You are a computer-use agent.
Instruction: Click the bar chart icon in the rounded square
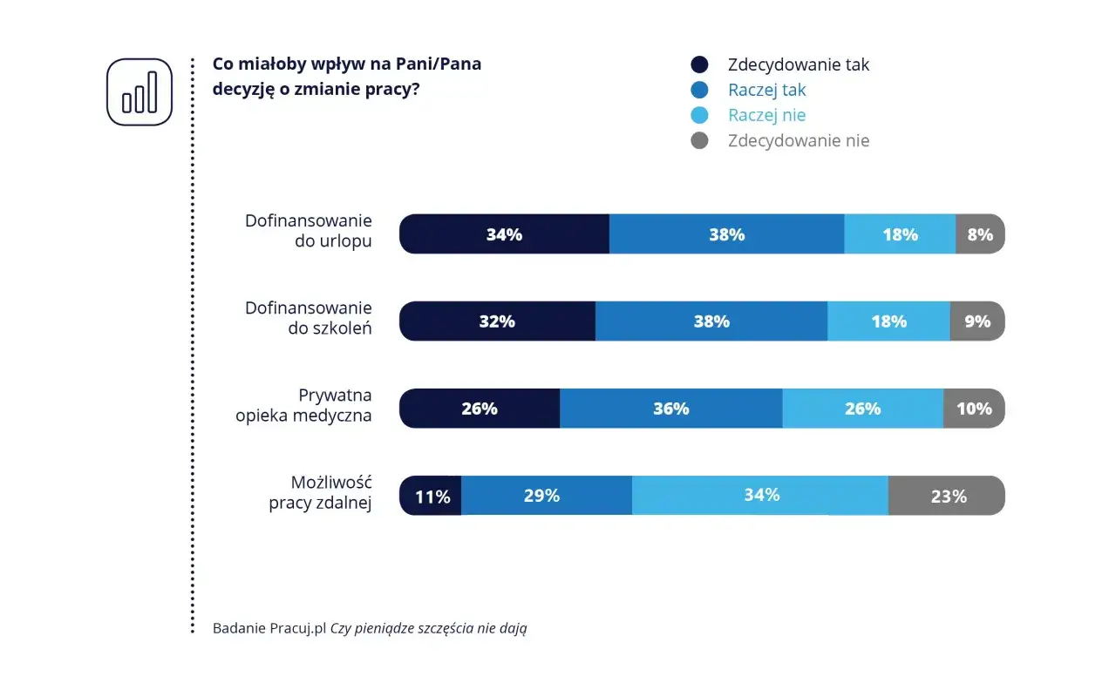pos(139,92)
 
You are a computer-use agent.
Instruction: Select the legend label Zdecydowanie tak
pos(798,64)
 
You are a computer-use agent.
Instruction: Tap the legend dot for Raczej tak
pos(699,90)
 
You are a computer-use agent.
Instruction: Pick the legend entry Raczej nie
pos(766,115)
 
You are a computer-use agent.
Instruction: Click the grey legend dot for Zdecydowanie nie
pos(699,140)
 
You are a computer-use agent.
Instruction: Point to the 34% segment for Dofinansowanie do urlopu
pos(504,234)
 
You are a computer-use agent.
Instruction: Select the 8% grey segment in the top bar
pos(980,234)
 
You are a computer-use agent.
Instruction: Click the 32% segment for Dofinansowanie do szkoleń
pos(497,321)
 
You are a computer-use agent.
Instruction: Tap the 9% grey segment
pos(977,321)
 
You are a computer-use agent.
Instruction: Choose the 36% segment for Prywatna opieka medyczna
pos(670,409)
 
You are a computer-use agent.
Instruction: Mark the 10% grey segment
pos(974,409)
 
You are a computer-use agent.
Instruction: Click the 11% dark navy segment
pos(432,497)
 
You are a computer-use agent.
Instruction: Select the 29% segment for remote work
pos(546,496)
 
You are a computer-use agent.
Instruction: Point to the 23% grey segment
pos(947,496)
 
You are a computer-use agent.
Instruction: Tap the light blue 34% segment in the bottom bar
pos(760,496)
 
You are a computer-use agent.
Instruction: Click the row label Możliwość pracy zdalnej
pos(320,492)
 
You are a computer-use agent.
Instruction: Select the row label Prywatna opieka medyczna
pos(303,405)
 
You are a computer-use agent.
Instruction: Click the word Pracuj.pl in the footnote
pos(297,628)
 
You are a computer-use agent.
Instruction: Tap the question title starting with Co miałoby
pos(346,77)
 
